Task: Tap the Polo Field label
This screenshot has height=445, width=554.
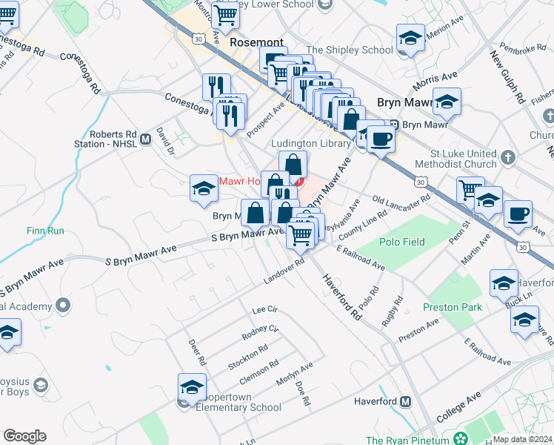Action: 402,242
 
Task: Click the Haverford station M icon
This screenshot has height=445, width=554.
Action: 405,402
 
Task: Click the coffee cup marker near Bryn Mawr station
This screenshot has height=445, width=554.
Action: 381,139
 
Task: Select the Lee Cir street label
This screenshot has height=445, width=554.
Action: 264,309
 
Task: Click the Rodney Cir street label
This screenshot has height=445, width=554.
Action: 260,333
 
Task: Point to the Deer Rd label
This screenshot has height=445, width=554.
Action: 196,352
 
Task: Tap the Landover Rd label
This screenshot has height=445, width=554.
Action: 284,274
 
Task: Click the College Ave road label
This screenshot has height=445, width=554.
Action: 458,409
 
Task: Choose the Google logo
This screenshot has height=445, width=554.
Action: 24,436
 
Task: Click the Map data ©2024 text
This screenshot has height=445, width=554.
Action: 522,439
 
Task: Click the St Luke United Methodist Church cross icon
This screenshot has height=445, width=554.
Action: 507,157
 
